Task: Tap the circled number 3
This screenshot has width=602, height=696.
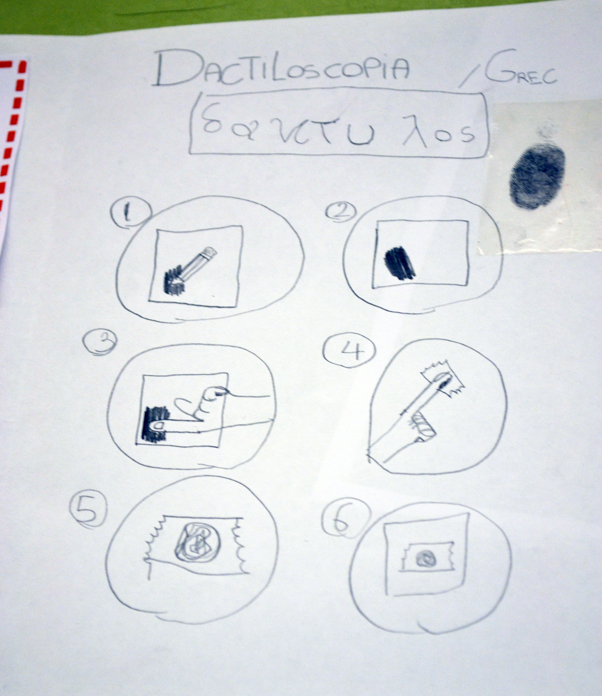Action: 100,344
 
